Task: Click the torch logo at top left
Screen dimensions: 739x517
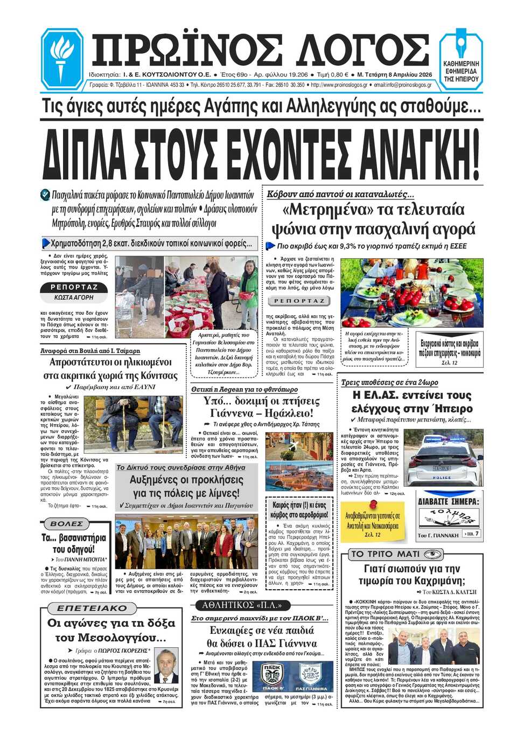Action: point(62,58)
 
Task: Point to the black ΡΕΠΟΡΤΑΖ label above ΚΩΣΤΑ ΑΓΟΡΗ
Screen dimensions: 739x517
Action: point(74,287)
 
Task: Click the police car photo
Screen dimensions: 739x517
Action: point(443,458)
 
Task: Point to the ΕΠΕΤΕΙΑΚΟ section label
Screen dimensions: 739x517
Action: point(92,608)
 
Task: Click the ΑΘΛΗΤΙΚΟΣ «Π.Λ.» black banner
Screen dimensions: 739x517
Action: point(242,605)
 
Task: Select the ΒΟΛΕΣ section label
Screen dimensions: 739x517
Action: point(67,523)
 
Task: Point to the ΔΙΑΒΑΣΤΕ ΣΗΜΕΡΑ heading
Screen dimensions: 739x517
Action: point(449,501)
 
